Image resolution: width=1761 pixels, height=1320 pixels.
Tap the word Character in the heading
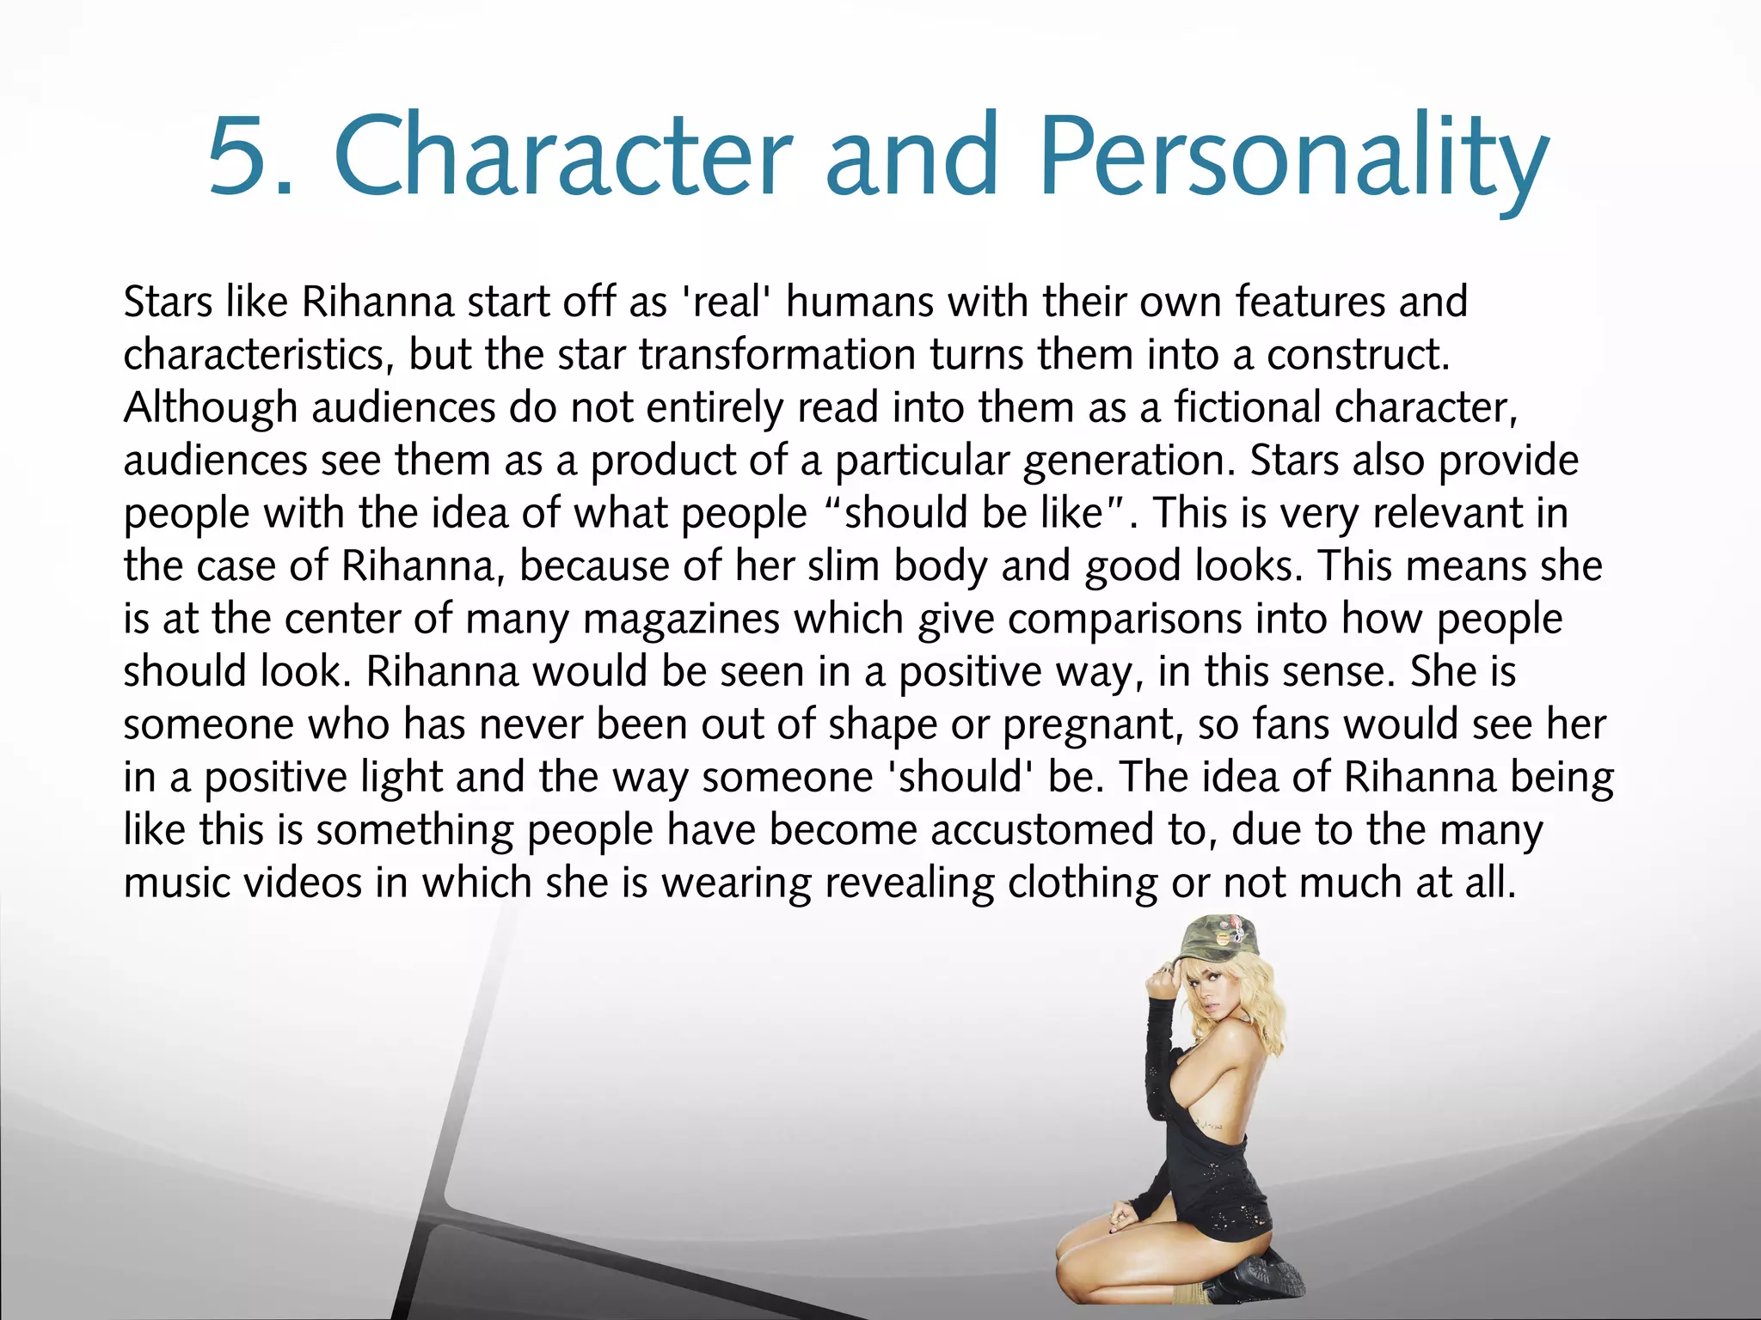click(x=563, y=156)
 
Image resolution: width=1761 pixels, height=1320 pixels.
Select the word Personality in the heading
click(x=1294, y=156)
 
